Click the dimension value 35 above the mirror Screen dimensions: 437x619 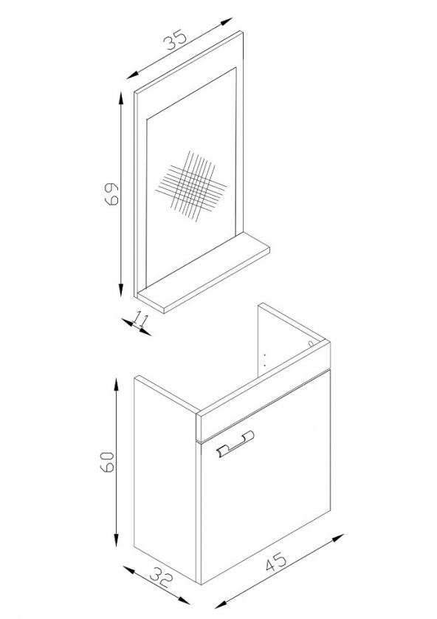coord(175,40)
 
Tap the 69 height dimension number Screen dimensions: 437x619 coord(111,194)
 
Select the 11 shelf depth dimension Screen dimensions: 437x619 coord(140,319)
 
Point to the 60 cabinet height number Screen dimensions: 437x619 coord(107,462)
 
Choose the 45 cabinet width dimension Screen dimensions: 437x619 coord(276,562)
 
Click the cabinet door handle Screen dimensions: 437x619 coord(235,445)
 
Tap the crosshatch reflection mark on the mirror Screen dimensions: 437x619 coord(191,185)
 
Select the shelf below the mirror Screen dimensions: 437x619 coord(204,273)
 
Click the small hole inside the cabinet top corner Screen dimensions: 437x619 coord(311,343)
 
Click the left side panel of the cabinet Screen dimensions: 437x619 coord(165,479)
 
